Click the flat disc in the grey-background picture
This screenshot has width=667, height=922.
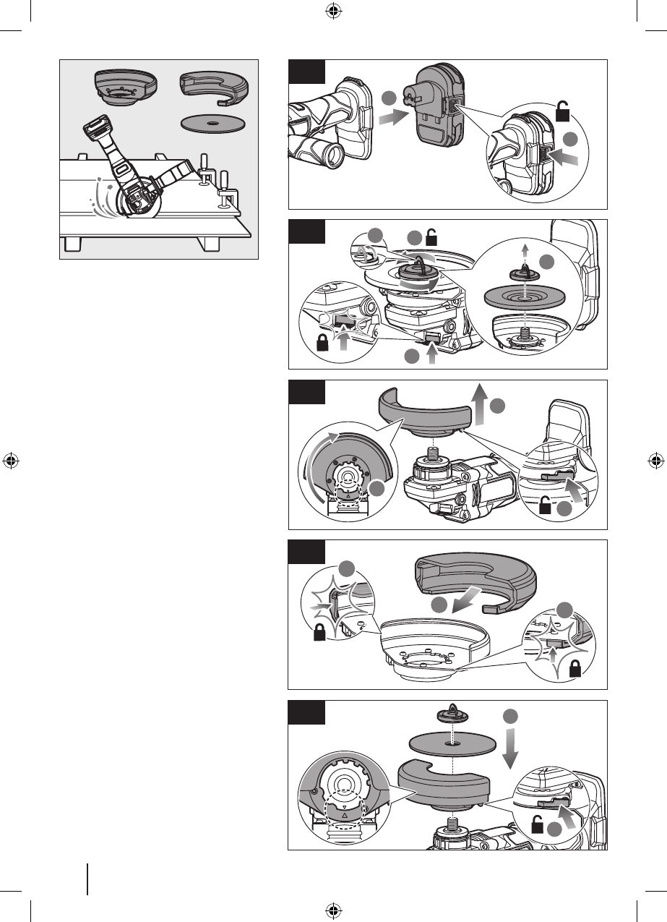pos(210,124)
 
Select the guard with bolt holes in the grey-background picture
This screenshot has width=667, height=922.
pos(120,87)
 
